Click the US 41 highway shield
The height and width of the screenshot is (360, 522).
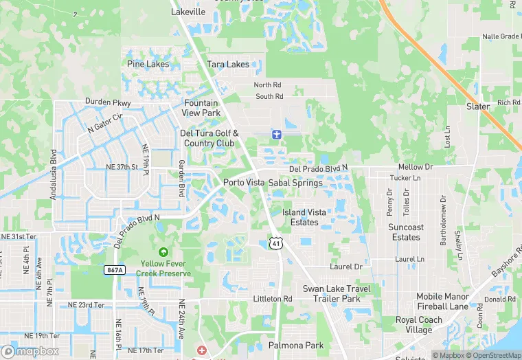click(275, 243)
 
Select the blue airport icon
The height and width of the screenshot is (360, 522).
click(276, 133)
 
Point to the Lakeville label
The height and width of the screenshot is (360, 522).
click(188, 12)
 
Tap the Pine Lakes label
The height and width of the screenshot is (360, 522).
click(148, 64)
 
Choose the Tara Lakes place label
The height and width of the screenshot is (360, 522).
click(228, 65)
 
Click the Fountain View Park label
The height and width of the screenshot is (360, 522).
click(201, 108)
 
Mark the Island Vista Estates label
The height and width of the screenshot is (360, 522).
click(304, 217)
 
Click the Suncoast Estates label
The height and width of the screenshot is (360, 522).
click(406, 232)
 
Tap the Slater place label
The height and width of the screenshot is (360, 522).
click(478, 106)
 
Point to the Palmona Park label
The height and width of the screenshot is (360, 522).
click(296, 345)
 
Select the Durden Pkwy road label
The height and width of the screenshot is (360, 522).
click(108, 102)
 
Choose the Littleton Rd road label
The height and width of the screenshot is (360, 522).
click(273, 299)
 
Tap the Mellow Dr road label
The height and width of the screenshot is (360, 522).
click(416, 167)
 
